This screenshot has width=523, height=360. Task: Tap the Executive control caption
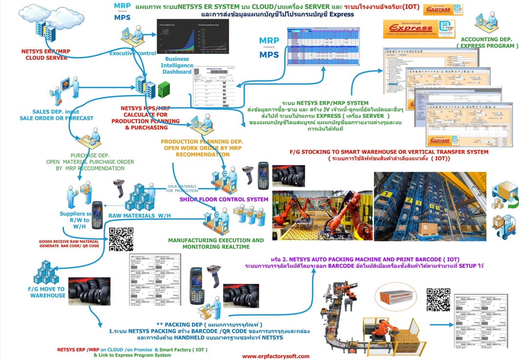pos(133,53)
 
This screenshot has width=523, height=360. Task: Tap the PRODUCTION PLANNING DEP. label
pos(202,142)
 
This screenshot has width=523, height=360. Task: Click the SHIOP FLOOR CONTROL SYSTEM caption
pos(224,199)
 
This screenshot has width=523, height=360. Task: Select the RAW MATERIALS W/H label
pos(139,215)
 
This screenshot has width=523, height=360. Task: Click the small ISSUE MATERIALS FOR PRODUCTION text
pos(183,189)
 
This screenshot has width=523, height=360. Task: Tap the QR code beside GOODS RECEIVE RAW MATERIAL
pos(121,239)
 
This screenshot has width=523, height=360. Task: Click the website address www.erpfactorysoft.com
pos(275,356)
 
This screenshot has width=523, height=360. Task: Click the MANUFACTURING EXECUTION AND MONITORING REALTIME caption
pos(216,244)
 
